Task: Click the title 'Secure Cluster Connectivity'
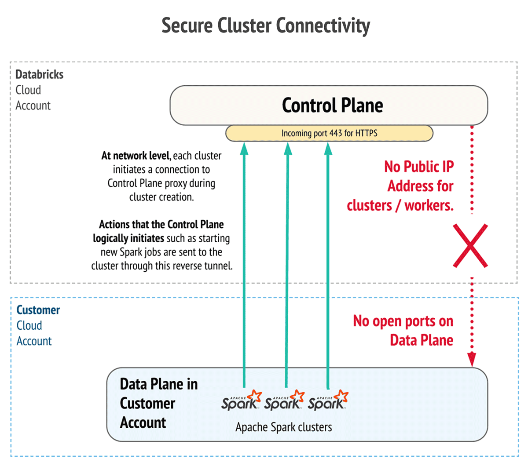[266, 25]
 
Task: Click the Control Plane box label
[332, 106]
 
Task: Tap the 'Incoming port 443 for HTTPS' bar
[329, 133]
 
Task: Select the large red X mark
[470, 246]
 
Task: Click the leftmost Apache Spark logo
[241, 401]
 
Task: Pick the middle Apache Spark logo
[284, 401]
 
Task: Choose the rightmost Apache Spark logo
[328, 401]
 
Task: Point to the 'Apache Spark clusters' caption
[283, 427]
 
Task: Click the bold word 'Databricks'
[39, 74]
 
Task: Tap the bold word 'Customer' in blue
[38, 310]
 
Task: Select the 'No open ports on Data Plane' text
[403, 331]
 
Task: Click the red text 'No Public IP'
[418, 167]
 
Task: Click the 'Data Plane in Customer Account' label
[158, 403]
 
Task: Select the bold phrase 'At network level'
[135, 156]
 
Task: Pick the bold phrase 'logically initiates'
[128, 238]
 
